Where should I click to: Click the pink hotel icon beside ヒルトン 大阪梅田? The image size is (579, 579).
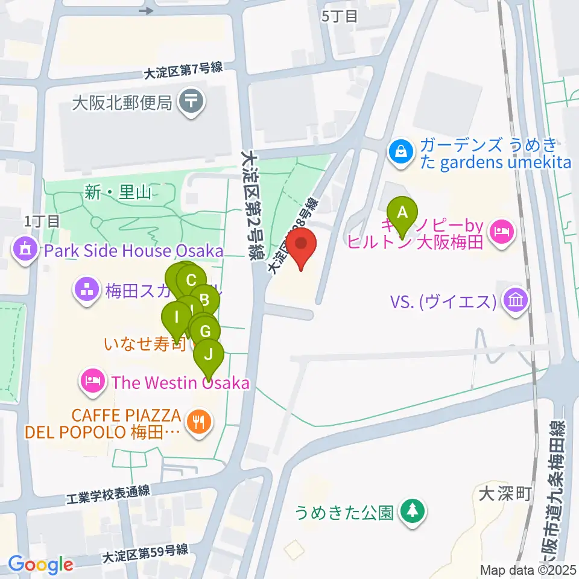502,230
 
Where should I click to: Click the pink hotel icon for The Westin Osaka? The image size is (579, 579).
93,382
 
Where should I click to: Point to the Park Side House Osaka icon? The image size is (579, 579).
26,250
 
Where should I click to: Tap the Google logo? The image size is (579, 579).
40,565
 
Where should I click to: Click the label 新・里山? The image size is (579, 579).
118,193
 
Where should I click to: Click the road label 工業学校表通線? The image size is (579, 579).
107,494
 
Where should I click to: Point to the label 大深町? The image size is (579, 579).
504,495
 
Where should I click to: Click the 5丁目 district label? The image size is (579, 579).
340,16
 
